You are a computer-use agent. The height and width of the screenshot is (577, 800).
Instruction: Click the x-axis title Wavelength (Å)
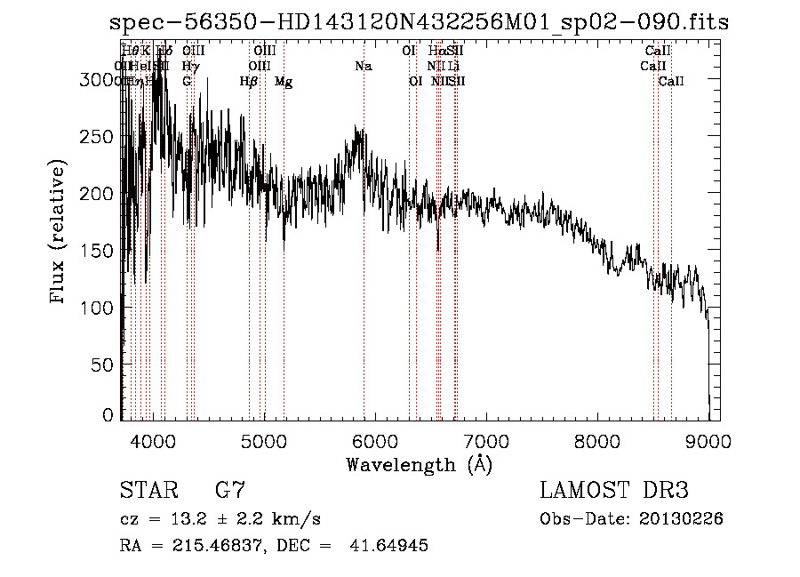(419, 464)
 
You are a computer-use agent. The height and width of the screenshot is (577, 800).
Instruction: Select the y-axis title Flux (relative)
(60, 233)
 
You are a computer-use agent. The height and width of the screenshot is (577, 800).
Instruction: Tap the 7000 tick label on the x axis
(485, 440)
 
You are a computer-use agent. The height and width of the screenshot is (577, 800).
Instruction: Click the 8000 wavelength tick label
(596, 440)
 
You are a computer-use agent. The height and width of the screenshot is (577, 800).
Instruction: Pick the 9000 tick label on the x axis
(708, 440)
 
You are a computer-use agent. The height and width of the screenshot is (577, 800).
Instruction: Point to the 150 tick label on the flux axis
(100, 251)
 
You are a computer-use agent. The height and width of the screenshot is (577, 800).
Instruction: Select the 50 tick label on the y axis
(106, 365)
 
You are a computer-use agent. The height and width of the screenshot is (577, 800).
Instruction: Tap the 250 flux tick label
(100, 137)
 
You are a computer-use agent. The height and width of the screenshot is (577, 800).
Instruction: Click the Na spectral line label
(363, 67)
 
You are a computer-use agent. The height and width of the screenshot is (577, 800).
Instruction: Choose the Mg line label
(284, 82)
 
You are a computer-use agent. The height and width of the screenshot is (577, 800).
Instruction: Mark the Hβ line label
(249, 82)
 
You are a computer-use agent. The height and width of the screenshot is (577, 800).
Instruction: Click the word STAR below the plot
(148, 492)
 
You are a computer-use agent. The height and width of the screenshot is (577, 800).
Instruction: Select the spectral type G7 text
(230, 492)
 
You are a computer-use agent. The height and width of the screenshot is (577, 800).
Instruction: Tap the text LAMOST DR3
(614, 492)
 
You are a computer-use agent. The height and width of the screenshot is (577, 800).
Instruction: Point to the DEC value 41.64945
(390, 546)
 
